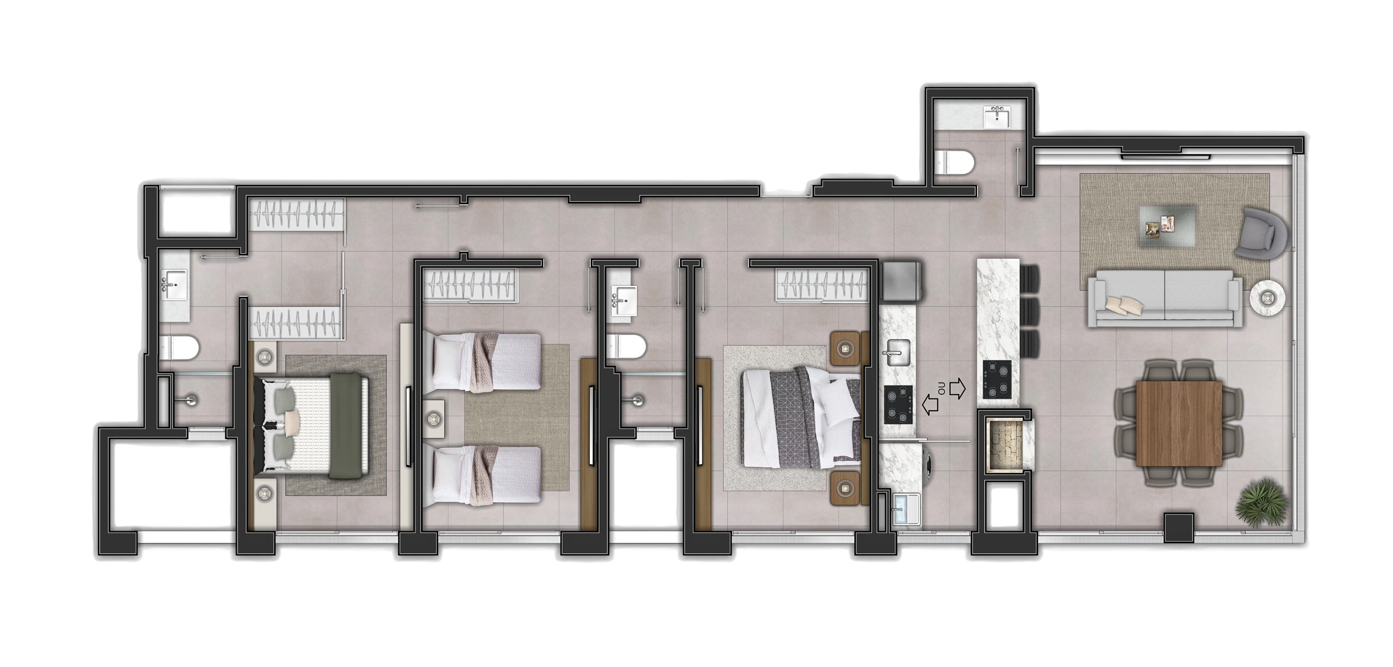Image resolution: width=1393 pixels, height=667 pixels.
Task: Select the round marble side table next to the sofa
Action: [x=1268, y=297]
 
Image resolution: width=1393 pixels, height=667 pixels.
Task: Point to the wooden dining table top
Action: [x=1179, y=423]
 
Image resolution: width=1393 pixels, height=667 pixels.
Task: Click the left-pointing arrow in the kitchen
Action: [x=930, y=404]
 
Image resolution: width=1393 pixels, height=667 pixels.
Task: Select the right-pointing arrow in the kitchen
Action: [x=958, y=388]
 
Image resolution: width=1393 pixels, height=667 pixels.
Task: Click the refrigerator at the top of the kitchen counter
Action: [x=901, y=282]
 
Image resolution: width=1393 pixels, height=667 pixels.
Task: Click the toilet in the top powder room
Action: [x=954, y=163]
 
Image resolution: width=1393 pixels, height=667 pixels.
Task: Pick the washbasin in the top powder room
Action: [x=996, y=117]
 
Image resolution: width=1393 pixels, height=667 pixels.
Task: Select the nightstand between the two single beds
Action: [x=434, y=418]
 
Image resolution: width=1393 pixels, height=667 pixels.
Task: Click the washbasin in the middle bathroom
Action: [x=623, y=301]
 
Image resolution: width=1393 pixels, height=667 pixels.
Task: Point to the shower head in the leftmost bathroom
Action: [x=191, y=400]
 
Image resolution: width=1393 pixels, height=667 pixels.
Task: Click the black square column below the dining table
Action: [x=1179, y=528]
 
